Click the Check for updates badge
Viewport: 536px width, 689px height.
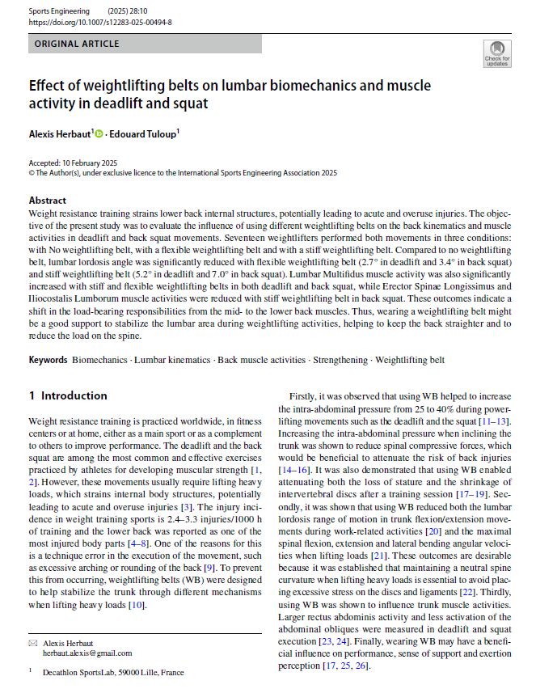click(496, 53)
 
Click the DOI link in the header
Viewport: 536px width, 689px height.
click(99, 23)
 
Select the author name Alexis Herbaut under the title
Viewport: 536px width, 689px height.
click(60, 133)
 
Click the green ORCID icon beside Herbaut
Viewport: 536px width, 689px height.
click(99, 133)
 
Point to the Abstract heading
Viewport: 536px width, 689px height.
click(48, 200)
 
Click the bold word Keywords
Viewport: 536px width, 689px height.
click(49, 358)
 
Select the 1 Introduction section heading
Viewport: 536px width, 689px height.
click(68, 395)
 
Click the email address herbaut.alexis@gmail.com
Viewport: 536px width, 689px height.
click(89, 653)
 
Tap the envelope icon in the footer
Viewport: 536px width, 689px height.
click(32, 642)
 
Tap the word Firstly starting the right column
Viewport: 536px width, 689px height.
click(304, 396)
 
